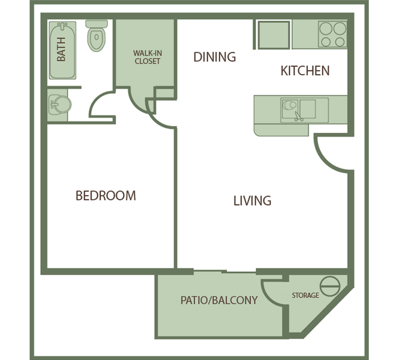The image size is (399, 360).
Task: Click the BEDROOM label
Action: [x=106, y=195]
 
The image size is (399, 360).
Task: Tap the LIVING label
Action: [x=253, y=201]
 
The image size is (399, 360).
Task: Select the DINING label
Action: [x=215, y=57]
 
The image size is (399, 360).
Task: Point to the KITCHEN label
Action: [x=305, y=71]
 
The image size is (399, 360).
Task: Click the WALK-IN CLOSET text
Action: [x=148, y=57]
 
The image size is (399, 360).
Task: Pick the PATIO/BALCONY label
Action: [x=219, y=300]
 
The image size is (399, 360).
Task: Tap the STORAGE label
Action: [x=305, y=295]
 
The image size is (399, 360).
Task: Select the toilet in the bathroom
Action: [x=96, y=36]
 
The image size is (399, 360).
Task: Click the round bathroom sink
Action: [x=60, y=104]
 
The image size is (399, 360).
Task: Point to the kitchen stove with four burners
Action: [x=332, y=34]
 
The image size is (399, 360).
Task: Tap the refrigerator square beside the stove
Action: [x=274, y=35]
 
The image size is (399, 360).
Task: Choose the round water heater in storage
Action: [x=330, y=286]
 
